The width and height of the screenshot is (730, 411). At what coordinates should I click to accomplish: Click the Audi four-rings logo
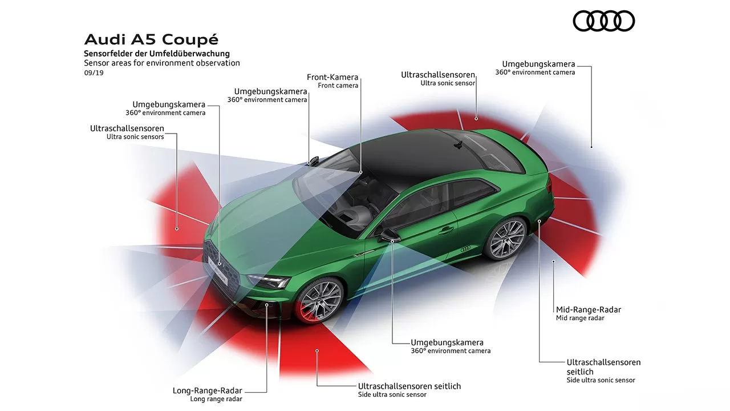(603, 21)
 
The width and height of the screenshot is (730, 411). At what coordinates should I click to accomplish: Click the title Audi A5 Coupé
(151, 39)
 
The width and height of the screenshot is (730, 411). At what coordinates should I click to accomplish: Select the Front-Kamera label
(332, 77)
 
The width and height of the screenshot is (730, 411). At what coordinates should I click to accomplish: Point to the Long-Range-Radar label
(208, 390)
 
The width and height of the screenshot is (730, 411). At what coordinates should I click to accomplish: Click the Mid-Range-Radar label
(589, 309)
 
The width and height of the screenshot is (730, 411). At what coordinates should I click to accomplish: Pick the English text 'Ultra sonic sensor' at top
(448, 83)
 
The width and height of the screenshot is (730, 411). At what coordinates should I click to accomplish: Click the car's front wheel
(320, 299)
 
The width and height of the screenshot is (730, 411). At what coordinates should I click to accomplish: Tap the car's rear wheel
(506, 239)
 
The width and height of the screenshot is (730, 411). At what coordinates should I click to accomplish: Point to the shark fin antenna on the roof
(457, 145)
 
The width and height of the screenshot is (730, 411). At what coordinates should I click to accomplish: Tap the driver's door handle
(446, 230)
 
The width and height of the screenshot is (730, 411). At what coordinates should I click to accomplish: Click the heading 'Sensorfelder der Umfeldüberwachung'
(157, 54)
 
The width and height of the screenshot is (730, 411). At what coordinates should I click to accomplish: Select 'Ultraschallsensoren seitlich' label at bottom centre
(409, 386)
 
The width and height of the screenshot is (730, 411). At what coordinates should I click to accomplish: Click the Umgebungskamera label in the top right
(538, 64)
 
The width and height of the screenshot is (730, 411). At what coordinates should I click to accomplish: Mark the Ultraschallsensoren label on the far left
(127, 128)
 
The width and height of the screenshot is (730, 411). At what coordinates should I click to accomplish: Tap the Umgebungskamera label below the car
(447, 342)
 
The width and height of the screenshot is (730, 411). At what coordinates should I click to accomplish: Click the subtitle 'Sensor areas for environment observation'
(162, 63)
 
